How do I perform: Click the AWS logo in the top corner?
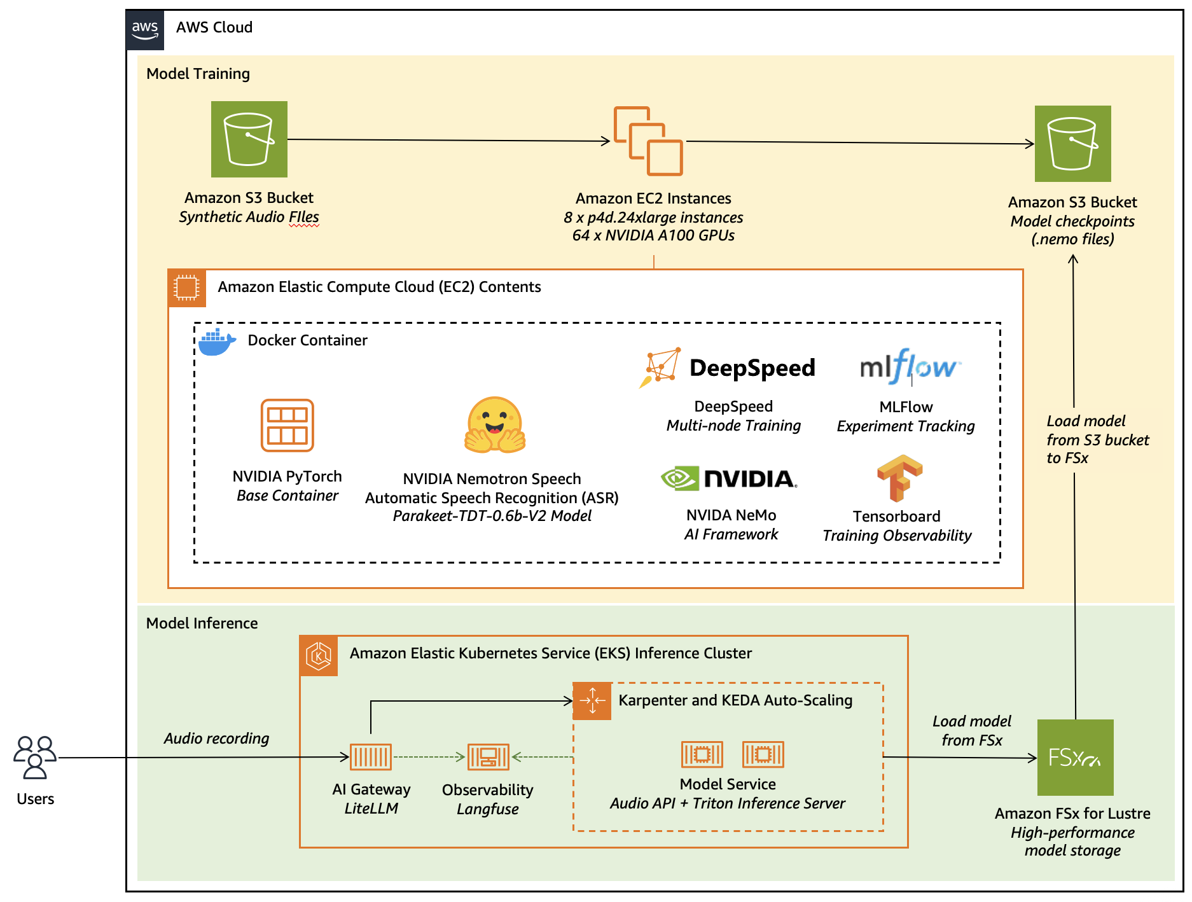[x=145, y=29]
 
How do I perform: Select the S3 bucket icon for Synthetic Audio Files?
[x=249, y=139]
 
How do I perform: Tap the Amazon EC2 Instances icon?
[x=648, y=141]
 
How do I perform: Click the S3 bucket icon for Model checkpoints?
[x=1072, y=144]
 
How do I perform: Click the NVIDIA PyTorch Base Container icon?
[x=288, y=426]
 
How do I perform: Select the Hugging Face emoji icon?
[x=495, y=425]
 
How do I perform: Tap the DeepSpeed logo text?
[x=752, y=368]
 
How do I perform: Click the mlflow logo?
[x=909, y=366]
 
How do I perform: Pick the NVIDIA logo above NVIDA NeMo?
[x=729, y=478]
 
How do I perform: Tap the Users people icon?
[x=35, y=757]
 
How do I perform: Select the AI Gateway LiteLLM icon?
[x=371, y=757]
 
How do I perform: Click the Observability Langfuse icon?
[x=488, y=757]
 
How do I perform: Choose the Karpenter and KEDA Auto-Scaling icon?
[x=592, y=701]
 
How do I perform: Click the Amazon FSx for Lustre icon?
[x=1075, y=758]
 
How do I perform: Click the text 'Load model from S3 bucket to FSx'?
[x=1097, y=440]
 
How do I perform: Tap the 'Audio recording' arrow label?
[x=216, y=739]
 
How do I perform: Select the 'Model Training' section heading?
[x=198, y=74]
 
